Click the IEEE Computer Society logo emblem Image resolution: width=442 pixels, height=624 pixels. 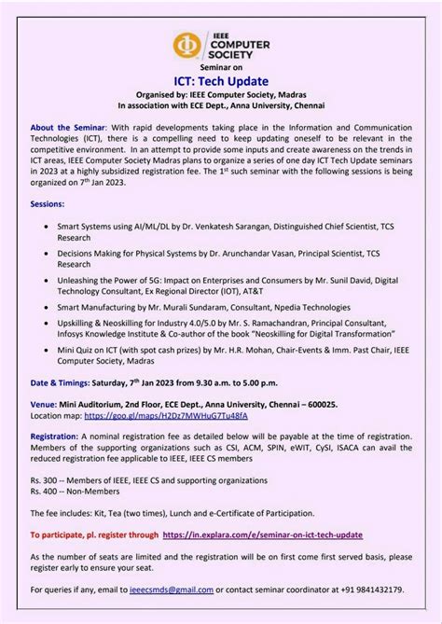coord(186,46)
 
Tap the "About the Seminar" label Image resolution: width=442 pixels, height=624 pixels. coord(69,128)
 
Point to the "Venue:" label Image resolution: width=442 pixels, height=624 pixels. coord(45,403)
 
